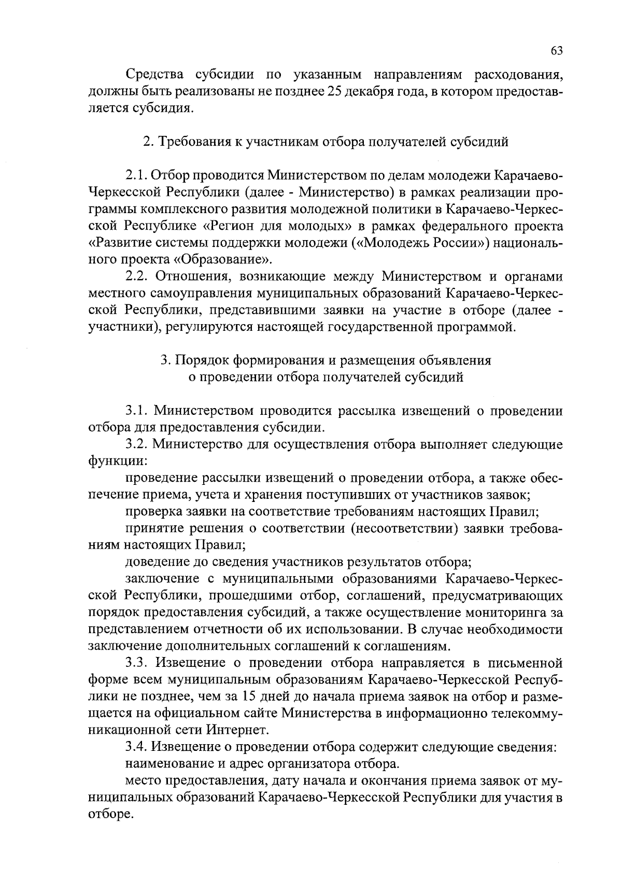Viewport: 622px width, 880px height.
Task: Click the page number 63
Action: tap(556, 50)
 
